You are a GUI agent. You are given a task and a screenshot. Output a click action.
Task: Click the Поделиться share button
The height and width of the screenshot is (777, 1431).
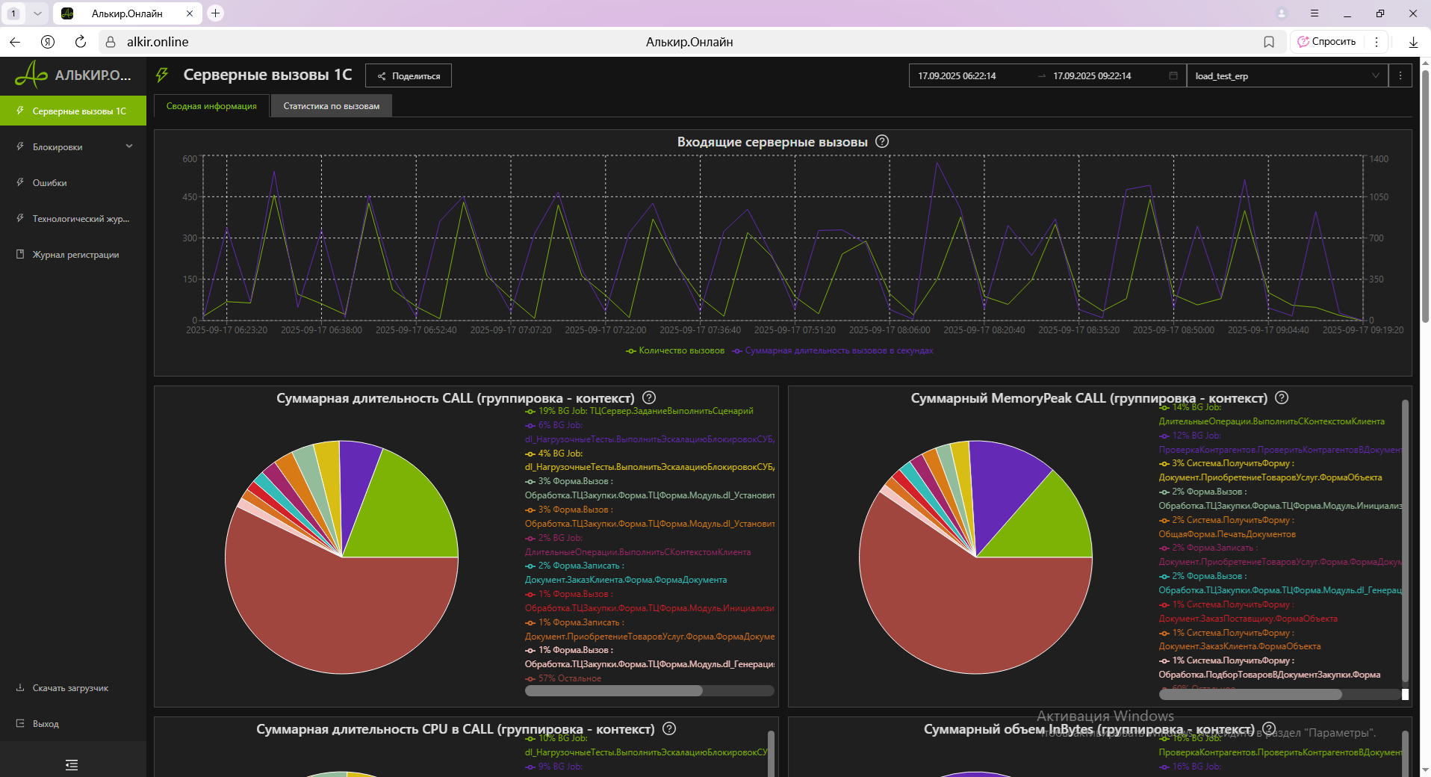[x=409, y=76]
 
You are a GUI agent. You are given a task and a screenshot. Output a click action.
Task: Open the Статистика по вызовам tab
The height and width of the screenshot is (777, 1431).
[x=331, y=106]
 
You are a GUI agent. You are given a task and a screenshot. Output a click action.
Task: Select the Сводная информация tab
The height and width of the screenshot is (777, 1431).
[x=211, y=106]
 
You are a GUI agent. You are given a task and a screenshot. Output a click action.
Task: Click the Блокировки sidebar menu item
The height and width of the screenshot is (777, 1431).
[x=58, y=147]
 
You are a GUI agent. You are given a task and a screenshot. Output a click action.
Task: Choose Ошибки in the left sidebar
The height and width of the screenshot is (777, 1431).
[x=49, y=183]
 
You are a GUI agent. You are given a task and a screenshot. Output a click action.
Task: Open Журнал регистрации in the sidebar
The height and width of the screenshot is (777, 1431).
[x=75, y=255]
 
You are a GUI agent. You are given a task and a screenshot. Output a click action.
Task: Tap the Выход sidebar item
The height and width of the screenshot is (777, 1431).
[x=46, y=724]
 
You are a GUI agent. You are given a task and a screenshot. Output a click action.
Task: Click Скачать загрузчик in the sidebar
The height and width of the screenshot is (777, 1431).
[x=70, y=688]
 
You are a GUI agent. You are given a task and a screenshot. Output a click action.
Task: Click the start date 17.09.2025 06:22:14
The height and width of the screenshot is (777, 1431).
[x=957, y=76]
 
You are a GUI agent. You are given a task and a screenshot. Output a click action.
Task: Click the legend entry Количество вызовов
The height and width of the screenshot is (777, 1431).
[x=680, y=350]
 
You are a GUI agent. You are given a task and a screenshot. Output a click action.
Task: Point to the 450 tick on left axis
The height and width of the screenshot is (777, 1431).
[x=190, y=197]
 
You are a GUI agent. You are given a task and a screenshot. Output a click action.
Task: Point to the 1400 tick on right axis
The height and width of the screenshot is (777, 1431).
[x=1379, y=159]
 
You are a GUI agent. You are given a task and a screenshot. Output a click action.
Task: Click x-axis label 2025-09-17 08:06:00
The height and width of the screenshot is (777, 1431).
[x=889, y=330]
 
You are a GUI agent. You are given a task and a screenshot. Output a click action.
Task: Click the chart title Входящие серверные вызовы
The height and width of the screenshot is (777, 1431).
[x=772, y=142]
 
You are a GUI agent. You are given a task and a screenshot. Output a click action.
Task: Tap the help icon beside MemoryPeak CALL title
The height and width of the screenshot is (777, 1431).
[x=1282, y=398]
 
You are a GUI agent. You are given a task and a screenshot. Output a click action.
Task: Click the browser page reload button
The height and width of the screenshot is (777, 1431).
[x=81, y=42]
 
